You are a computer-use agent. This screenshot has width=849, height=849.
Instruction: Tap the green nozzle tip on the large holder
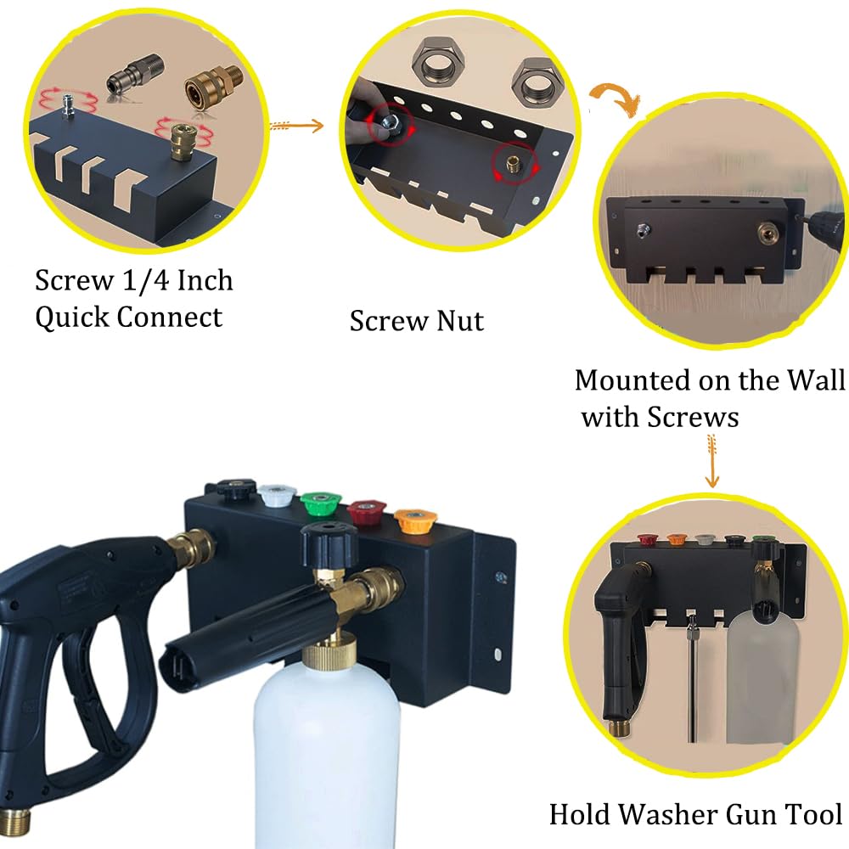[319, 503]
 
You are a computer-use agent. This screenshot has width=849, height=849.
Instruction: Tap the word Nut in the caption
[459, 321]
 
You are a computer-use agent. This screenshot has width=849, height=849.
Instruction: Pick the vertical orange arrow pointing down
[712, 461]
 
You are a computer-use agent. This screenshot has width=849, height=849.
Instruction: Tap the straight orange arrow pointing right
[296, 127]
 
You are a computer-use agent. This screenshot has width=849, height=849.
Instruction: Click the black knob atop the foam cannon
[329, 543]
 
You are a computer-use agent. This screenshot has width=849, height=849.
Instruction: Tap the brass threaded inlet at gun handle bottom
[14, 820]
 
